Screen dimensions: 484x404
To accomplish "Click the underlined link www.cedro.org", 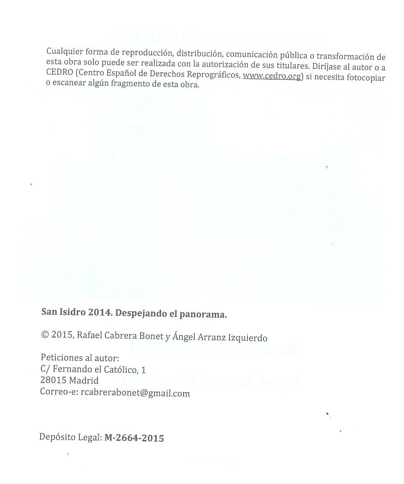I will pos(272,76).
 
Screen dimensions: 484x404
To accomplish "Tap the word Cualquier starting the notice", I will pos(64,52).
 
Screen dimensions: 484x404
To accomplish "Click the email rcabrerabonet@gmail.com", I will pos(135,393).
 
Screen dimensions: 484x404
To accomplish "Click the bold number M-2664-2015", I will pos(134,438).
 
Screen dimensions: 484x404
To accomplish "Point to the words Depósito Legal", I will pos(70,437).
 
